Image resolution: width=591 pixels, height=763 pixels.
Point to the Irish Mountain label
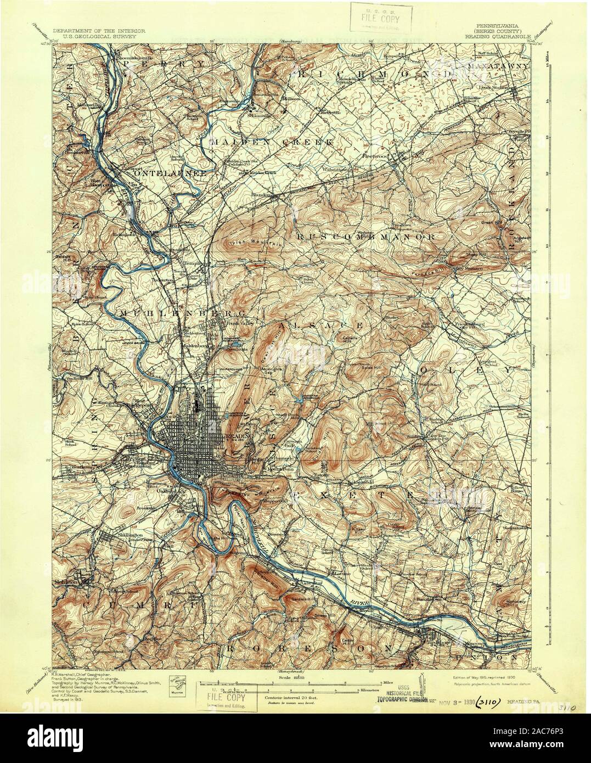tap(248, 243)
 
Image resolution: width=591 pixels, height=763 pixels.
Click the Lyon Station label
tap(492, 87)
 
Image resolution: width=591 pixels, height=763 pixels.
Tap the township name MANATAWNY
tap(498, 65)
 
